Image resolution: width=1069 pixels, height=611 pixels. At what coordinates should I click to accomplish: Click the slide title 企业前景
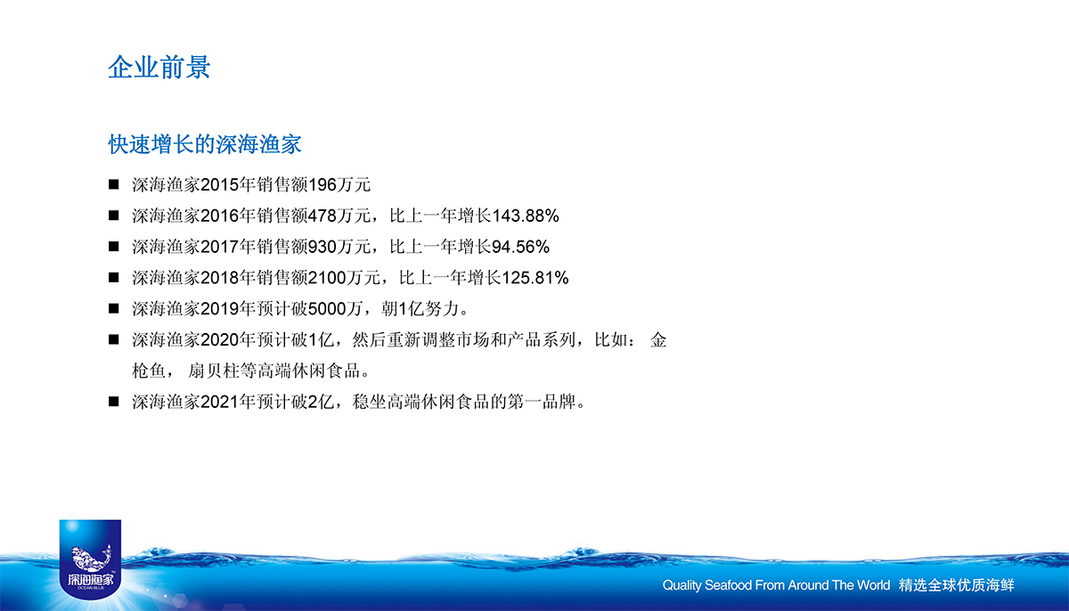click(x=159, y=67)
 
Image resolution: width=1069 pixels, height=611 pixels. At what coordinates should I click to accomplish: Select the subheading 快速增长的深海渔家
click(x=205, y=144)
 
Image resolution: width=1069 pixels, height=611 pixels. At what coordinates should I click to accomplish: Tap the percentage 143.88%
click(x=525, y=216)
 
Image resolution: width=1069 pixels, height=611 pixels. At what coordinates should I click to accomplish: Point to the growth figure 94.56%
click(x=520, y=247)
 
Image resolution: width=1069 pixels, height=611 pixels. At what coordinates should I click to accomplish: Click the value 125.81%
click(x=534, y=278)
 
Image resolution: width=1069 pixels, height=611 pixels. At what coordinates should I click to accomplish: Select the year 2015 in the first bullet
click(x=219, y=185)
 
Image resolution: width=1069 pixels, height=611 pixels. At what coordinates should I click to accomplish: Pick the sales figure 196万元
click(x=339, y=185)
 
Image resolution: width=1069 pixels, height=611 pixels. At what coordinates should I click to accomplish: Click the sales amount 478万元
click(x=339, y=216)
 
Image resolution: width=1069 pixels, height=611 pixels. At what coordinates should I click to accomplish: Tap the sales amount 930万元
click(x=339, y=247)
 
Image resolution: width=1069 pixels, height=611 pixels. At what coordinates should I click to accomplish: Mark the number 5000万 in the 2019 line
click(x=335, y=309)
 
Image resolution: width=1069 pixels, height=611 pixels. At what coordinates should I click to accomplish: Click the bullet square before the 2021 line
click(x=114, y=402)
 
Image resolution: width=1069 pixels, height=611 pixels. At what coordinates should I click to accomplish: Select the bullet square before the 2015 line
click(x=114, y=184)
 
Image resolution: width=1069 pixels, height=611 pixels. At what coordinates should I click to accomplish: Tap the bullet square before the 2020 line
click(x=114, y=339)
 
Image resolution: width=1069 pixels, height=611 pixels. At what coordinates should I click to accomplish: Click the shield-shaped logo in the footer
click(x=90, y=559)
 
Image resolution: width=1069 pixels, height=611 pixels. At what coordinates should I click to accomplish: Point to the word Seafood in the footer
click(x=728, y=585)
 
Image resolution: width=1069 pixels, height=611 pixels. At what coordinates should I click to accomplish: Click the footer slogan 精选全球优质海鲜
click(x=957, y=585)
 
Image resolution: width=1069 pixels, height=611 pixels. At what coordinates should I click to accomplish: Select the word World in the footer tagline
click(x=873, y=585)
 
